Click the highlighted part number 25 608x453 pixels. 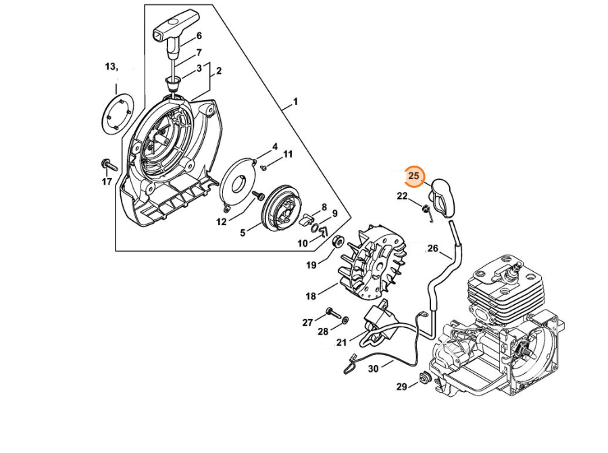(414, 176)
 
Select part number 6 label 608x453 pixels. (199, 36)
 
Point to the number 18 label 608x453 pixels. (311, 296)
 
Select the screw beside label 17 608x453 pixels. (109, 164)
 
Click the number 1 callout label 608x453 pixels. (295, 103)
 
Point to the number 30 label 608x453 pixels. (373, 368)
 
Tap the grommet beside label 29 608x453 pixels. (426, 379)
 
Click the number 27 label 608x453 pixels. (307, 322)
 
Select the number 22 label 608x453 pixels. (402, 196)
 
